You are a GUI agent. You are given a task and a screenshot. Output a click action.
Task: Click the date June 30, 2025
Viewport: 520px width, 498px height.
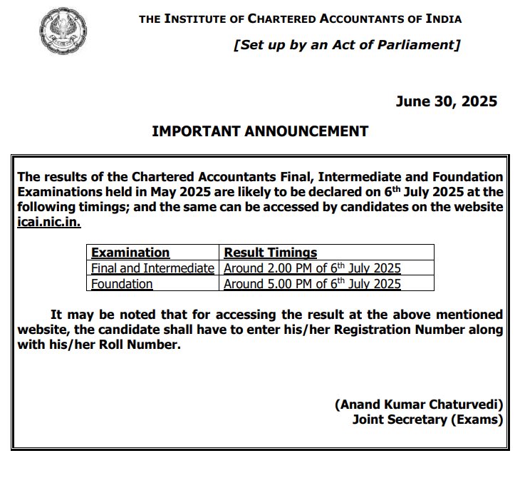pyautogui.click(x=447, y=101)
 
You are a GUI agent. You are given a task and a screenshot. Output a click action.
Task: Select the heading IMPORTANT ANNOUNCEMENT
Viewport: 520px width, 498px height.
pyautogui.click(x=260, y=131)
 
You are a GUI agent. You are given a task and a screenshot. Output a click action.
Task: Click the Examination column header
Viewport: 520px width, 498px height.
pyautogui.click(x=130, y=253)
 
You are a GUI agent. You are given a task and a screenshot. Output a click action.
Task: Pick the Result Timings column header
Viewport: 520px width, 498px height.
pyautogui.click(x=271, y=253)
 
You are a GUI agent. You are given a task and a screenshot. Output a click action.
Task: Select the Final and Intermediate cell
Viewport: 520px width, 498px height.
pyautogui.click(x=152, y=268)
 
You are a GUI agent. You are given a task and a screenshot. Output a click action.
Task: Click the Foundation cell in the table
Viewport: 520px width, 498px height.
pyautogui.click(x=122, y=284)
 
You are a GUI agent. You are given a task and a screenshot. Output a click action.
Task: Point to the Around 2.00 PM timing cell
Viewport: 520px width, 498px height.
pyautogui.click(x=312, y=268)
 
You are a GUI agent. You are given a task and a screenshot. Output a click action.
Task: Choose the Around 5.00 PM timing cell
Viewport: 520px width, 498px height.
pyautogui.click(x=312, y=284)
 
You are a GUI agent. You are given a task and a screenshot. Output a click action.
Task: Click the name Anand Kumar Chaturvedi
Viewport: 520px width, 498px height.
pyautogui.click(x=419, y=405)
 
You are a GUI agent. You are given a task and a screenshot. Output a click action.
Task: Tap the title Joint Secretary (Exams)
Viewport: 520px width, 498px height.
pyautogui.click(x=427, y=420)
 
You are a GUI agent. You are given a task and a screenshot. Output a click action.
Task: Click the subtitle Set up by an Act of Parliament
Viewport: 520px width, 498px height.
pyautogui.click(x=347, y=45)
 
